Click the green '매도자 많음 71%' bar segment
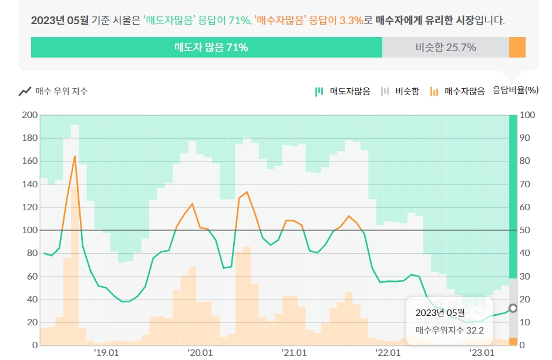click(207, 48)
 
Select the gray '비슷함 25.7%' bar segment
click(445, 48)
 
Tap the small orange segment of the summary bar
click(517, 48)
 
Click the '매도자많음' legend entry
click(343, 91)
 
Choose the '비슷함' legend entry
click(400, 91)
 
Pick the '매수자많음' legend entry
click(457, 91)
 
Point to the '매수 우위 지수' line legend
click(54, 91)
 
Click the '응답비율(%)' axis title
click(515, 90)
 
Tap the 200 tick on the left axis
click(29, 115)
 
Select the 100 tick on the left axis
click(29, 230)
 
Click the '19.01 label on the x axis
click(106, 352)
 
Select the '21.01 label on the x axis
click(294, 352)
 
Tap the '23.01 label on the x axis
click(482, 352)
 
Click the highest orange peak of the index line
click(75, 156)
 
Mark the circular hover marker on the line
click(513, 308)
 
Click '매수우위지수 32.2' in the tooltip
click(449, 331)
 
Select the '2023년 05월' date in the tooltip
click(439, 312)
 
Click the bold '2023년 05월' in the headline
click(60, 21)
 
